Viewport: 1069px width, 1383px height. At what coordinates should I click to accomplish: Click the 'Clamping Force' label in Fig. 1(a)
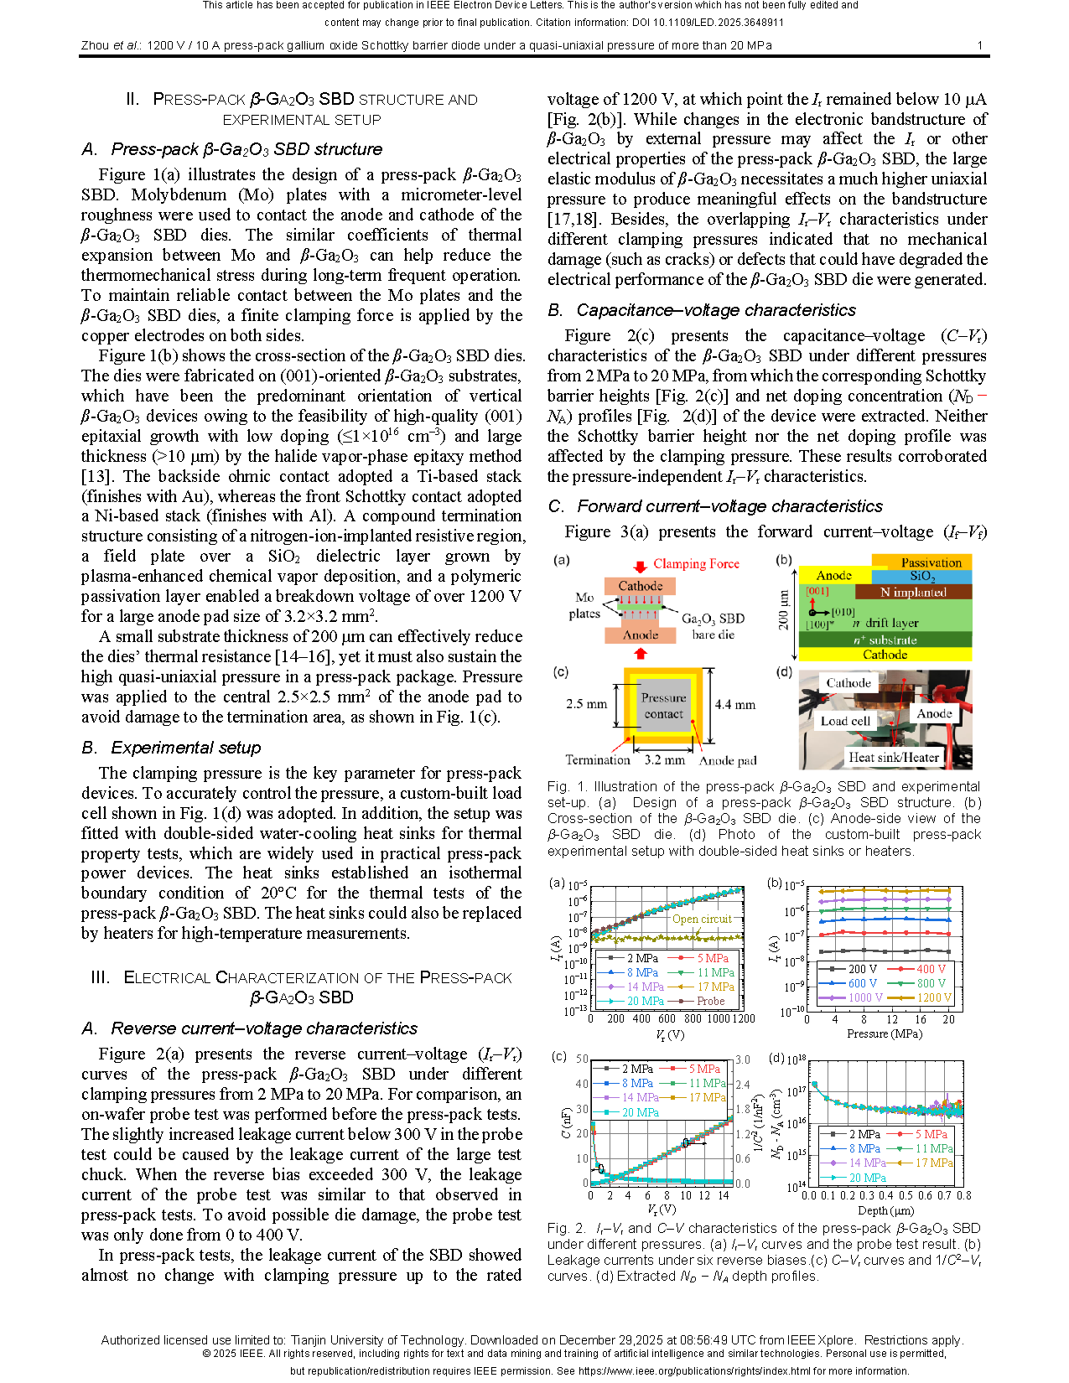click(696, 564)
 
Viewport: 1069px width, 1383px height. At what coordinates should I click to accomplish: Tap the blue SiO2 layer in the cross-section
click(921, 577)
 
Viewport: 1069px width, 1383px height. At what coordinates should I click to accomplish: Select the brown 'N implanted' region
click(913, 592)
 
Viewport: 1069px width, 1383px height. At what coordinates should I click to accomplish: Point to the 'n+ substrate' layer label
click(885, 640)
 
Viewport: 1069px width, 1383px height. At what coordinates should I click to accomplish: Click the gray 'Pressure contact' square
click(663, 706)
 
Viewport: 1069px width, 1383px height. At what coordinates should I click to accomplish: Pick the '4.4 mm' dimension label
click(734, 704)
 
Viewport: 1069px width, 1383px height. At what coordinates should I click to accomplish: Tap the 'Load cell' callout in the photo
click(844, 721)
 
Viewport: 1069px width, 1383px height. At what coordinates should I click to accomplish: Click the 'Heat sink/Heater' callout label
click(893, 758)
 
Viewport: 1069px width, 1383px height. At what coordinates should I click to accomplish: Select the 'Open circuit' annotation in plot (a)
click(702, 919)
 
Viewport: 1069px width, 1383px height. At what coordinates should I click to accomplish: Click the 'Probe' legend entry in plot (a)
click(710, 1001)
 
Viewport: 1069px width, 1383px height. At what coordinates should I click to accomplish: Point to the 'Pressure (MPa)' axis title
click(878, 1033)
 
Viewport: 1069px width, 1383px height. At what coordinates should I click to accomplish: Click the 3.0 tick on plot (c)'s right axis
click(743, 1059)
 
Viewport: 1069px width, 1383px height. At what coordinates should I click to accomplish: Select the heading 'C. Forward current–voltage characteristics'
click(715, 506)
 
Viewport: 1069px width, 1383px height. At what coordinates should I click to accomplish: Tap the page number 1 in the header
click(980, 45)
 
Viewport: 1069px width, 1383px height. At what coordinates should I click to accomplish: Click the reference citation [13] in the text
click(93, 476)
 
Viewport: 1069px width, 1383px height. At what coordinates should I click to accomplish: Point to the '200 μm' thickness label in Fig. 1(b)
click(784, 610)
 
